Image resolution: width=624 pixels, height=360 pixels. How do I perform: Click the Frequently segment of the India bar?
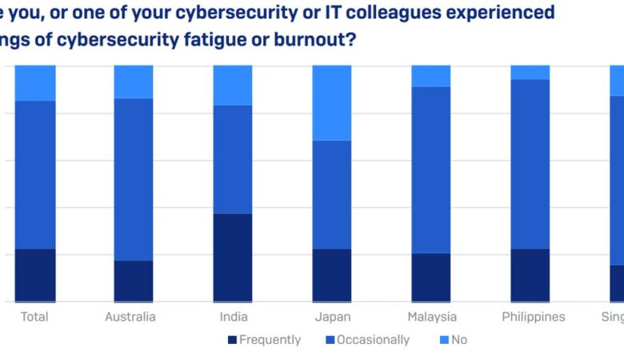click(232, 258)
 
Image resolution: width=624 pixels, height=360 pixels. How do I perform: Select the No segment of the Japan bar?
click(331, 102)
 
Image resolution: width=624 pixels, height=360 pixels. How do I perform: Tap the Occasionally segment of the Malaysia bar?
click(430, 170)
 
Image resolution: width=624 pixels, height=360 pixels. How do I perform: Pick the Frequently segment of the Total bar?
click(35, 275)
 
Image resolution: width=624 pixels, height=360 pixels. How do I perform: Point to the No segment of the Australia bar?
click(133, 82)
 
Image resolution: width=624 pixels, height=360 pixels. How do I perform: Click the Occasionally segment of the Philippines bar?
click(530, 164)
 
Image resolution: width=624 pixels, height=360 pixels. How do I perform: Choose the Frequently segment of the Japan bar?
click(331, 275)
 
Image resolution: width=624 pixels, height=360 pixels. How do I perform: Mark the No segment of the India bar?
click(232, 85)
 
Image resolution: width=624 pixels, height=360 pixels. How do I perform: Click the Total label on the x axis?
click(34, 317)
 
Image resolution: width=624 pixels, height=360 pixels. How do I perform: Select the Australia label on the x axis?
click(130, 317)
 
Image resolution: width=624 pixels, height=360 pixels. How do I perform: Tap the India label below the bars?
click(234, 317)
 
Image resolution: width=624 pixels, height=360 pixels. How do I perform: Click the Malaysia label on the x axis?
click(431, 317)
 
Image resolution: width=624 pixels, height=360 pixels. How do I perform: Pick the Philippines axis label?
click(534, 317)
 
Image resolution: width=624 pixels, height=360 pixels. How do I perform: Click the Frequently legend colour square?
click(232, 340)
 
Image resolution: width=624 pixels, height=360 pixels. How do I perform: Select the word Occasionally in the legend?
click(373, 340)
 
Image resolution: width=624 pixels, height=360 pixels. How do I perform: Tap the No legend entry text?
click(459, 340)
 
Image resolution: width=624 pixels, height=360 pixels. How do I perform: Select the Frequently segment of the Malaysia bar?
click(430, 278)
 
